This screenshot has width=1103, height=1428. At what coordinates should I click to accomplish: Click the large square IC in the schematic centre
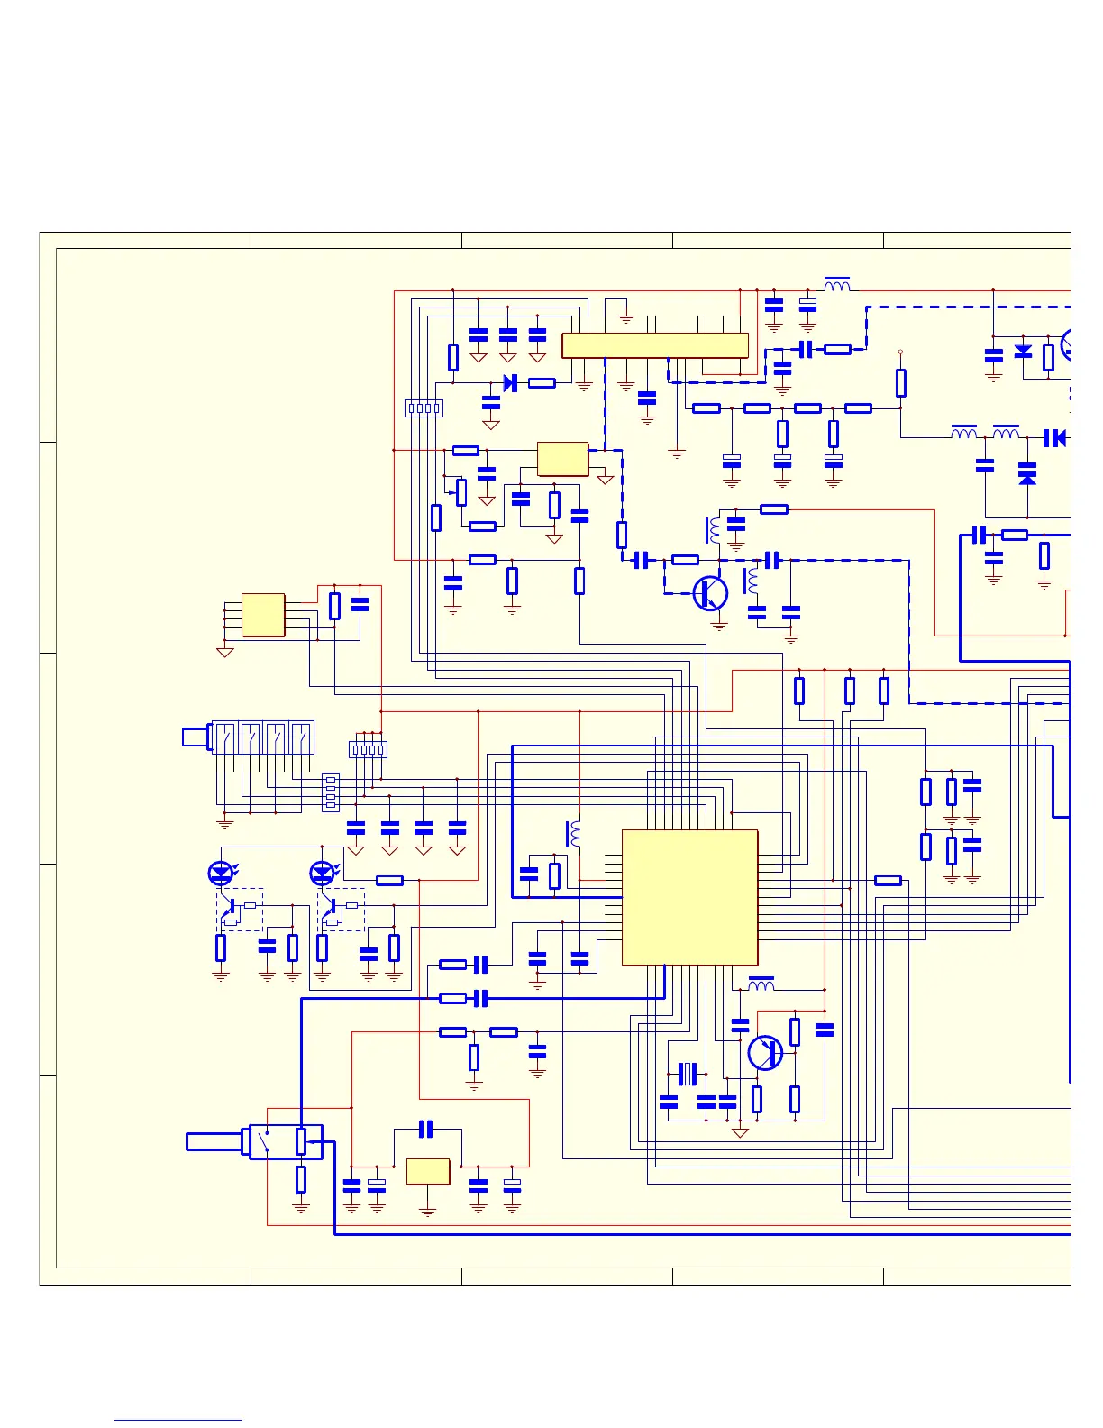[689, 897]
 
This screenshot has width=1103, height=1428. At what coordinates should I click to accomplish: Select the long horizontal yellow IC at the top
[654, 345]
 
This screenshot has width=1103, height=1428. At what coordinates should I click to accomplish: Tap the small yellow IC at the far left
[263, 615]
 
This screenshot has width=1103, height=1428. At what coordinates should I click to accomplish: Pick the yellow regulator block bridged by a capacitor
[428, 1171]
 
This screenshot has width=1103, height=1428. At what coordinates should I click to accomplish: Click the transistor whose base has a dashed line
[710, 593]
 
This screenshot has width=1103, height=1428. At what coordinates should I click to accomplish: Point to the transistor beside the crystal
[765, 1052]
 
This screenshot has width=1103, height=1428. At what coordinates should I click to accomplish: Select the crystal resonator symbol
[688, 1074]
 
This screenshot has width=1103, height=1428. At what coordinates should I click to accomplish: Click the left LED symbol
[220, 873]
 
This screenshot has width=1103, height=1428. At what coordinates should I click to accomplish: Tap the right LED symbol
[322, 873]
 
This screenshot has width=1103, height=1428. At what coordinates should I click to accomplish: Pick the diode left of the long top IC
[510, 383]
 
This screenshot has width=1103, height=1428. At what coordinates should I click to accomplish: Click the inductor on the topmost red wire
[837, 286]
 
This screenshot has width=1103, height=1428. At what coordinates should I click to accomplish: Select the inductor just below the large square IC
[761, 984]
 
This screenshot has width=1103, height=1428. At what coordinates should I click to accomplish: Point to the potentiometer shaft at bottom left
[214, 1141]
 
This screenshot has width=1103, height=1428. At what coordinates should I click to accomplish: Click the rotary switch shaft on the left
[196, 737]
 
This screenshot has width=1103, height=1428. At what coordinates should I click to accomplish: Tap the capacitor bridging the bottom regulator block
[427, 1129]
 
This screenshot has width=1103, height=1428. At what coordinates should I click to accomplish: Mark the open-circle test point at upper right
[900, 352]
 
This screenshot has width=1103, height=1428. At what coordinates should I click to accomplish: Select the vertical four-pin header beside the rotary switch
[331, 792]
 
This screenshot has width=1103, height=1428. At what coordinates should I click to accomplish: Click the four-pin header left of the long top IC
[424, 408]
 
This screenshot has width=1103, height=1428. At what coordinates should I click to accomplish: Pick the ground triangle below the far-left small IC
[225, 652]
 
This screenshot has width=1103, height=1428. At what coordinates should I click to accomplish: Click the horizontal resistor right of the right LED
[389, 880]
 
